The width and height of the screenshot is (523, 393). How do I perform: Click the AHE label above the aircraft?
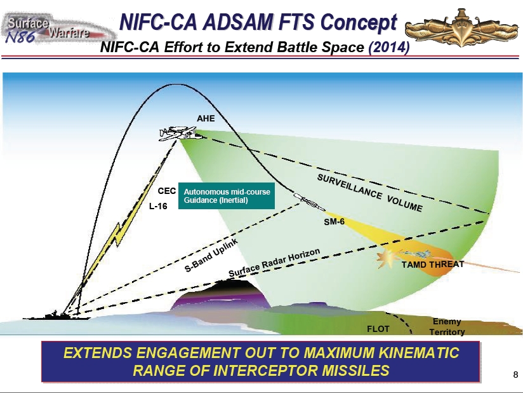click(x=206, y=119)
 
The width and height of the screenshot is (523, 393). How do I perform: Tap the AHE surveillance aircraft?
click(x=180, y=134)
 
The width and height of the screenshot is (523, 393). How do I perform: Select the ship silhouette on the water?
click(x=56, y=315)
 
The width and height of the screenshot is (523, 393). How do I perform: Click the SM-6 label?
click(x=334, y=222)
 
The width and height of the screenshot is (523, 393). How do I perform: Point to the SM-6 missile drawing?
click(x=309, y=202)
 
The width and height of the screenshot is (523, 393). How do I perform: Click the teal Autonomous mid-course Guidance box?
click(x=227, y=196)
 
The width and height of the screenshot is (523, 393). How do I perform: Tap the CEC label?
click(x=167, y=191)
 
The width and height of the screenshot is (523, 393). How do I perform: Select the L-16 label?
click(x=158, y=206)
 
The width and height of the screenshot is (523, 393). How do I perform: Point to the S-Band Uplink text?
click(x=211, y=255)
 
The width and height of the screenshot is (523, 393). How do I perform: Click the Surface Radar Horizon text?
click(x=274, y=263)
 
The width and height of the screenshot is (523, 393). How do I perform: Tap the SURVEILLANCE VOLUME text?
click(x=369, y=193)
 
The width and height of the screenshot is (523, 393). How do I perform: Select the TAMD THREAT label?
click(x=433, y=265)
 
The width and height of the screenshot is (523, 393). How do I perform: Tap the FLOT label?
click(x=378, y=329)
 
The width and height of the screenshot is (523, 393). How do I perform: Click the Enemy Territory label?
click(x=447, y=327)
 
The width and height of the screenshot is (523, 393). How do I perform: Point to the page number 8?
click(x=515, y=375)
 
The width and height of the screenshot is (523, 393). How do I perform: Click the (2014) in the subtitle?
click(x=389, y=47)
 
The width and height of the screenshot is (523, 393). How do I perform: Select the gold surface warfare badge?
click(x=461, y=28)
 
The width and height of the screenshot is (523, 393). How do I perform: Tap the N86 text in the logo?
click(x=20, y=36)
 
